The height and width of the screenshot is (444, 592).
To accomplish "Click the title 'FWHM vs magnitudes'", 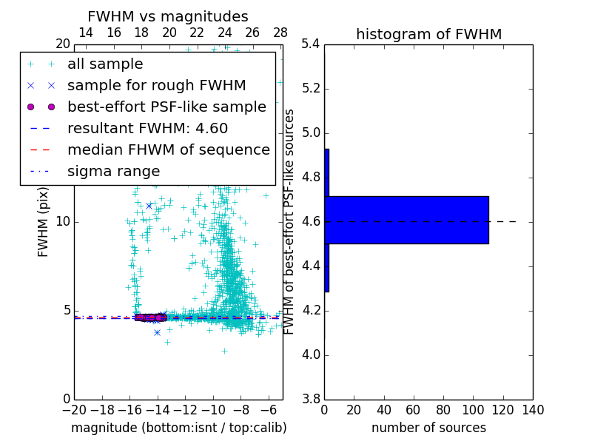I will [x=167, y=16].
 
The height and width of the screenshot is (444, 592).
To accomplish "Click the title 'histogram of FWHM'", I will [x=428, y=34].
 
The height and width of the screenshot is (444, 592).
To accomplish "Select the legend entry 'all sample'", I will [x=105, y=64].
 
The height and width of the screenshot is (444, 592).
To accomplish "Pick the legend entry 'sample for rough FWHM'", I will [x=156, y=86].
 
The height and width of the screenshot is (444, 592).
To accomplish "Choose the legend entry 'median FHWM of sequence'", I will [x=168, y=149].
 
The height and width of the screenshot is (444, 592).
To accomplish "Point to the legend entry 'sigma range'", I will [x=113, y=171].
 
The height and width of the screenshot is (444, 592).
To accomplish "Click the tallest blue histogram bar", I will [x=407, y=220].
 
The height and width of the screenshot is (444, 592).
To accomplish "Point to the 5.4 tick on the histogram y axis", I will [x=311, y=44].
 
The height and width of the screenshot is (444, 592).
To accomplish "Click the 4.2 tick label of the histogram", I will [x=311, y=310].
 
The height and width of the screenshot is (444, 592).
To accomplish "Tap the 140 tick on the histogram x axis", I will [x=532, y=410].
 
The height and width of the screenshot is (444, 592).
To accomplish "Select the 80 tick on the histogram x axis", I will [x=443, y=410].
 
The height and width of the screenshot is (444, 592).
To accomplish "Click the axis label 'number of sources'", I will [x=428, y=428].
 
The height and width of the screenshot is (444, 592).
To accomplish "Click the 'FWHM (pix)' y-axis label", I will [x=44, y=221].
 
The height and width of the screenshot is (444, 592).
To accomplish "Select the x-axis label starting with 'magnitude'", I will [x=178, y=428].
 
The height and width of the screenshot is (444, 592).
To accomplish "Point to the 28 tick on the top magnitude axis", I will [x=280, y=33].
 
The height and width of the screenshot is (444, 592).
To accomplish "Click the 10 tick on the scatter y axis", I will [x=63, y=221].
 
